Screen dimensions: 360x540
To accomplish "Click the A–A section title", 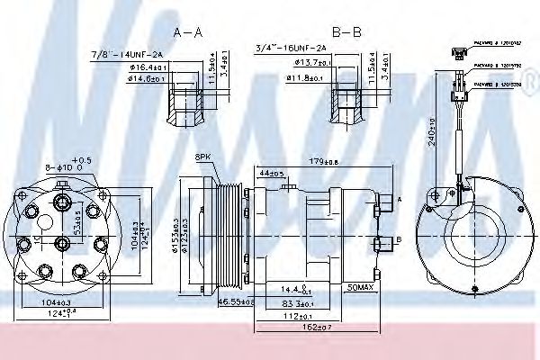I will point(187,32).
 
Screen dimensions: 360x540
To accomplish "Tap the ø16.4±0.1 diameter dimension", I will point(145,67).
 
